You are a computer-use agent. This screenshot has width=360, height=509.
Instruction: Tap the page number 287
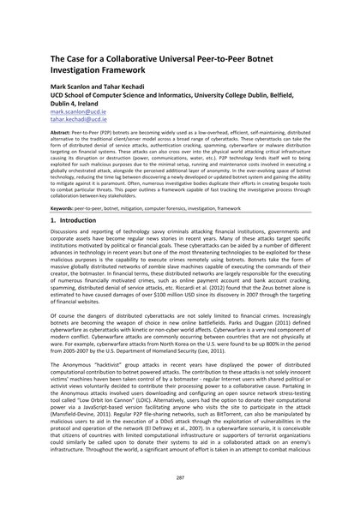(180, 478)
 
